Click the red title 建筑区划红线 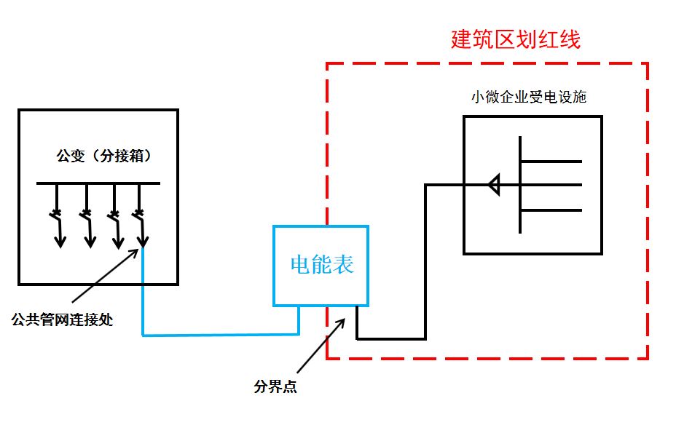tap(516, 39)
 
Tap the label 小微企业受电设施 tap(529, 98)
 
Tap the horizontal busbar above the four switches tap(98, 183)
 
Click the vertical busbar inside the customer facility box tap(520, 185)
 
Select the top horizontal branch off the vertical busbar tap(551, 160)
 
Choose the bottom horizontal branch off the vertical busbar tap(551, 210)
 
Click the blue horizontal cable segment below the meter tap(219, 335)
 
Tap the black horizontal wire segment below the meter tap(391, 338)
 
